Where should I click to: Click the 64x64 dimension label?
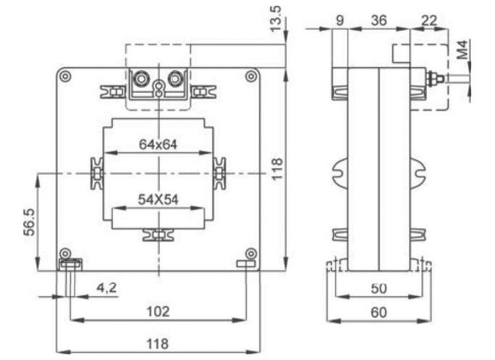158,144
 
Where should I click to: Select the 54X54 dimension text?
158,200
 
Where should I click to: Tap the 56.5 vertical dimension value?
29,222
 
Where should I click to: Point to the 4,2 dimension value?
106,288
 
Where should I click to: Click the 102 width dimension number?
158,311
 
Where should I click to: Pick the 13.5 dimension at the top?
276,19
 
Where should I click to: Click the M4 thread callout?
463,50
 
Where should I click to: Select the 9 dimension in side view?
340,20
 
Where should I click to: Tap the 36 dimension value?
379,20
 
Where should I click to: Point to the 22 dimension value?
429,20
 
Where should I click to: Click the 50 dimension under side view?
379,288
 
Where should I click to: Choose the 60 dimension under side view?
379,312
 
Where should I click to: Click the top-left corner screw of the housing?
65,76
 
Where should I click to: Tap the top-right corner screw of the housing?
251,76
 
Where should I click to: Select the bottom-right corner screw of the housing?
251,253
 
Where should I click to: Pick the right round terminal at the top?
175,79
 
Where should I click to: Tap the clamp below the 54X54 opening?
158,235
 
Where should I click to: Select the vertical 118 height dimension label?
277,169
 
